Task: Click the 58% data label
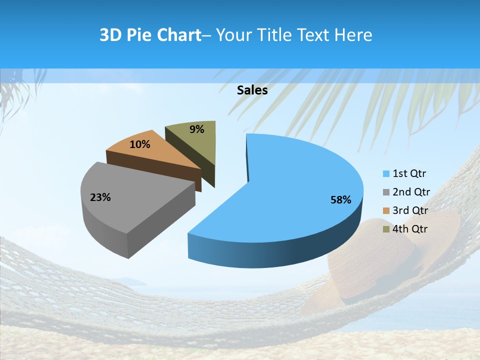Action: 341,200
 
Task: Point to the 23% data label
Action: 100,197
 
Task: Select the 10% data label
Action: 139,144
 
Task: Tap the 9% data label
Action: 197,129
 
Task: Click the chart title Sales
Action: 252,90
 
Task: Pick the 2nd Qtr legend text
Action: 411,192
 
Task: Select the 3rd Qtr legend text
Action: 410,210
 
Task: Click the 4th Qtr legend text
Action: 410,229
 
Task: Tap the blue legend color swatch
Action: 386,174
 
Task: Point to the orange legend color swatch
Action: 386,211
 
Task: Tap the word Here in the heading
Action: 353,35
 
